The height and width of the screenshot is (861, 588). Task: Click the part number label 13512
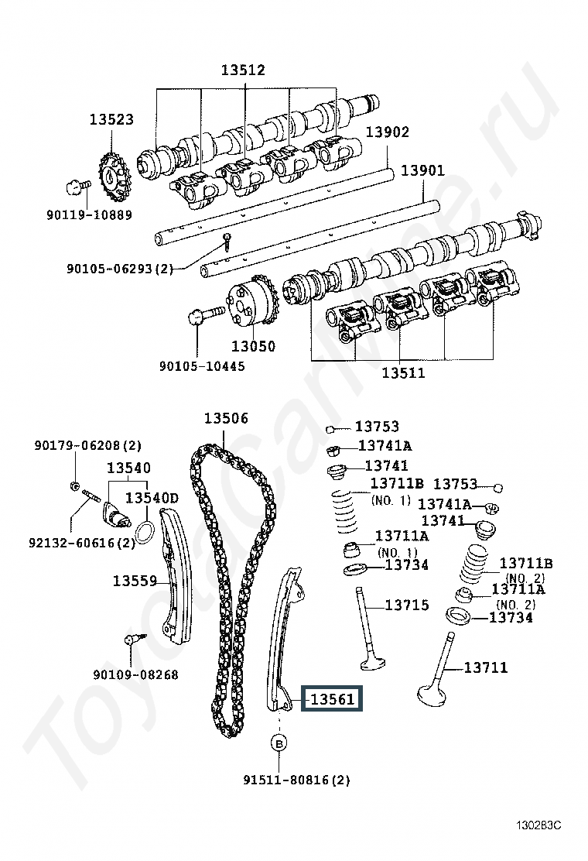click(243, 70)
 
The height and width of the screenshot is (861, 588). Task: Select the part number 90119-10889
click(90, 214)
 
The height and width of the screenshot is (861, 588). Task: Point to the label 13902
click(388, 132)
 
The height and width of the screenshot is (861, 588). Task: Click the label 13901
click(423, 170)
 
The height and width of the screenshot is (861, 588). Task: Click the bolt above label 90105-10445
click(206, 315)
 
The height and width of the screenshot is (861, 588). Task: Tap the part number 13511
click(403, 373)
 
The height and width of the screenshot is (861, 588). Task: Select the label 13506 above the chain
click(226, 418)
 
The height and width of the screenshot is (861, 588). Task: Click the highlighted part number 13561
click(333, 700)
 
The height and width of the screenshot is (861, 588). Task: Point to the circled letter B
click(279, 743)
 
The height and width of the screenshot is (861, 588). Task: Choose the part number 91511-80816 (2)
click(296, 779)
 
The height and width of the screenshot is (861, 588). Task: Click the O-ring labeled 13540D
click(144, 532)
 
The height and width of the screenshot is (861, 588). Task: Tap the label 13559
click(135, 581)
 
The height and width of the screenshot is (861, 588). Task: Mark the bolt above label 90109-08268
click(133, 640)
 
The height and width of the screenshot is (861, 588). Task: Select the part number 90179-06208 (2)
click(87, 445)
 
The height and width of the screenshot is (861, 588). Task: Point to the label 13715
click(406, 605)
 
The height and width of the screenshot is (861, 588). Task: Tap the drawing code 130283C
click(538, 825)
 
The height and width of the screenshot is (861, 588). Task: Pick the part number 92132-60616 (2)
click(82, 543)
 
